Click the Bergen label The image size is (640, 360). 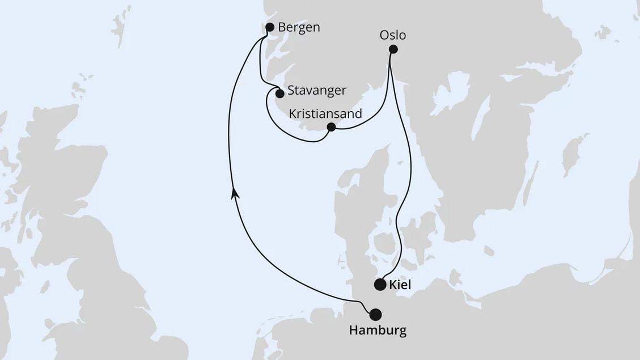click(299, 27)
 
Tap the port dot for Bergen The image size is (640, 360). click(270, 27)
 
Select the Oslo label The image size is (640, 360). click(393, 35)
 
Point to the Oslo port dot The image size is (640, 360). click(393, 49)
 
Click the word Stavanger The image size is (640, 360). click(316, 91)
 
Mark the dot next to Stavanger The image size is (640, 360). click(279, 94)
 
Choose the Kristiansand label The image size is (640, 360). click(325, 114)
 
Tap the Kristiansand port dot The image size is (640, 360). click(332, 127)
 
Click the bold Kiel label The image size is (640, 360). click(399, 285)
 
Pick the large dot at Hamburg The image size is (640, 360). click(375, 314)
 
